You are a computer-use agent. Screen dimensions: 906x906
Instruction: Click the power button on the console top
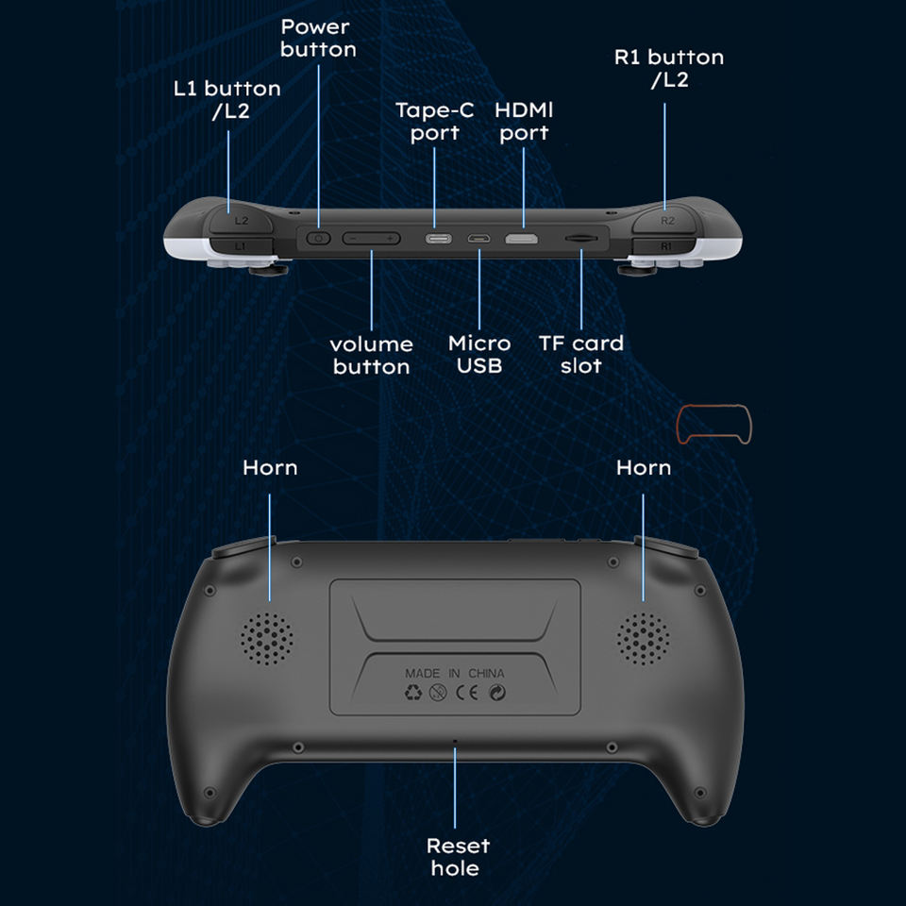tap(318, 239)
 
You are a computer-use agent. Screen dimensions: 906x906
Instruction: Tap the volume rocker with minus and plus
tap(371, 239)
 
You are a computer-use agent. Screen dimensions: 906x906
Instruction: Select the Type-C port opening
tap(437, 239)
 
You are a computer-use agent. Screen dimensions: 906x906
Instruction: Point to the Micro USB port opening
tap(479, 239)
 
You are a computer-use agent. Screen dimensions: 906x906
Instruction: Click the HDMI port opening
tap(522, 239)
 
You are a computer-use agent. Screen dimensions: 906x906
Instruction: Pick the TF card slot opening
tap(579, 240)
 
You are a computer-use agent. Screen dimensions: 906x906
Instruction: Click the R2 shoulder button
tap(666, 220)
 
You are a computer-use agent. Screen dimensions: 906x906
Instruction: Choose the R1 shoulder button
tap(665, 245)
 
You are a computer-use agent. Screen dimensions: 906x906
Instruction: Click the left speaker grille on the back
tap(266, 639)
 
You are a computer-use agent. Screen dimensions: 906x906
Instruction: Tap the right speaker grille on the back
tap(644, 639)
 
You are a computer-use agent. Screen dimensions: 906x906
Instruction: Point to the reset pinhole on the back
tap(455, 741)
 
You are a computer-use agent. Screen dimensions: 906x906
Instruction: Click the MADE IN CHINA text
tap(454, 674)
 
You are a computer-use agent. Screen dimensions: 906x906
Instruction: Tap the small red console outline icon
tap(714, 425)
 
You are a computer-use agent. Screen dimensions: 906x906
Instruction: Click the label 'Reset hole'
tap(457, 857)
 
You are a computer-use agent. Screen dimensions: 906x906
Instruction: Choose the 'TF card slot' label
tap(581, 355)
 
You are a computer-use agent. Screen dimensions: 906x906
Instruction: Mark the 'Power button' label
tap(318, 38)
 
